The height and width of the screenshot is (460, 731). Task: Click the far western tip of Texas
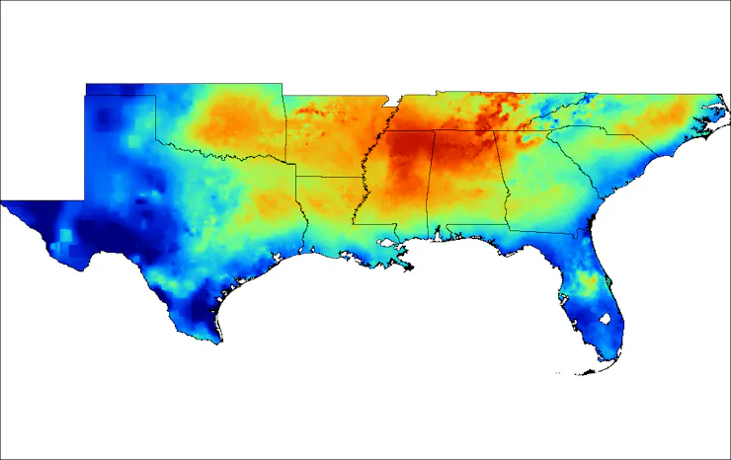6,204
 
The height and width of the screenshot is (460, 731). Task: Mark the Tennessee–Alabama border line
464,132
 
